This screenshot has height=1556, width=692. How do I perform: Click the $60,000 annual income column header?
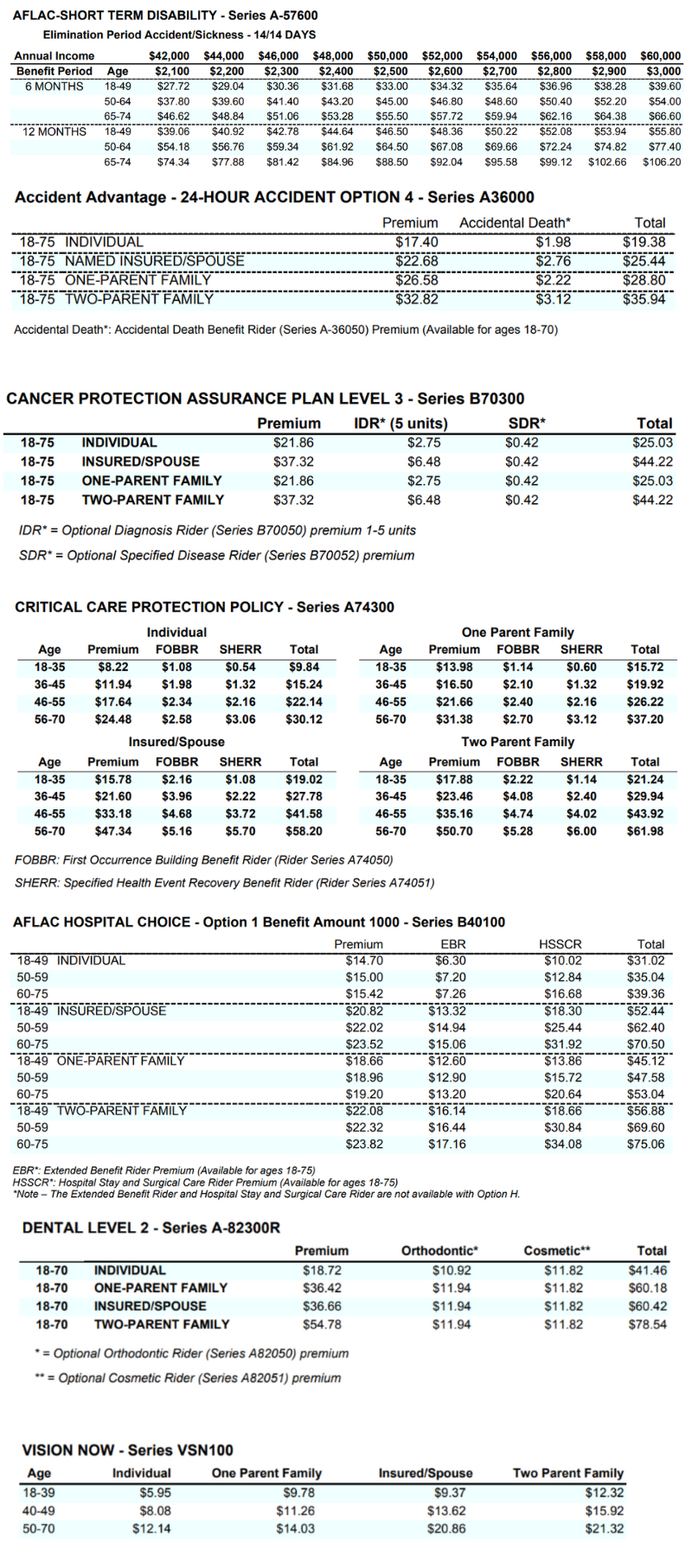[660, 56]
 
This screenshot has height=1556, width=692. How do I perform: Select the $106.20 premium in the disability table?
[662, 162]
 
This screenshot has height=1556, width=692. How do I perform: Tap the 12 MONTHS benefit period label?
[54, 131]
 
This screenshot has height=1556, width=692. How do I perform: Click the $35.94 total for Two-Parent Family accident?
[644, 299]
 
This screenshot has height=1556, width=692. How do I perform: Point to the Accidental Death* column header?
[515, 223]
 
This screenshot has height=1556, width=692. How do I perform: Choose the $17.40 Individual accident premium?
[417, 242]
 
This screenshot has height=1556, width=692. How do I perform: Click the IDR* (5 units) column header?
[400, 424]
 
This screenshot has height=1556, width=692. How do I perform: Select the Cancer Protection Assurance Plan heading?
[265, 399]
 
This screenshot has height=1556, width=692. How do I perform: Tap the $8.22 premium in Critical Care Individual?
[112, 667]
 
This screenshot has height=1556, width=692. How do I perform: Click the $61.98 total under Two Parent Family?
[645, 832]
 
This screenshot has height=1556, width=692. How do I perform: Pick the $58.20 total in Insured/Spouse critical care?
[304, 832]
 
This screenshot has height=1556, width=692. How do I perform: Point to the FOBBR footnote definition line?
[204, 860]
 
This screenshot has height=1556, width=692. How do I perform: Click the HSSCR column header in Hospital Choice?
[560, 945]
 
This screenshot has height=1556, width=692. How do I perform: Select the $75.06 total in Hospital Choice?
[646, 1145]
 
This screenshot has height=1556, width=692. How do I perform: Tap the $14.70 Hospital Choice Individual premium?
[364, 960]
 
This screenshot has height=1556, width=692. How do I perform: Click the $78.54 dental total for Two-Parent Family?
[648, 1324]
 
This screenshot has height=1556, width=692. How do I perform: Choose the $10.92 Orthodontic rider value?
[452, 1271]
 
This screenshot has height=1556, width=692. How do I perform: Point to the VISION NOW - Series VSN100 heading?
[127, 1451]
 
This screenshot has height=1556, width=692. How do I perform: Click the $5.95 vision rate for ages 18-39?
[155, 1493]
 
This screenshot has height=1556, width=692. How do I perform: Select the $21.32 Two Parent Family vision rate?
[604, 1529]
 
